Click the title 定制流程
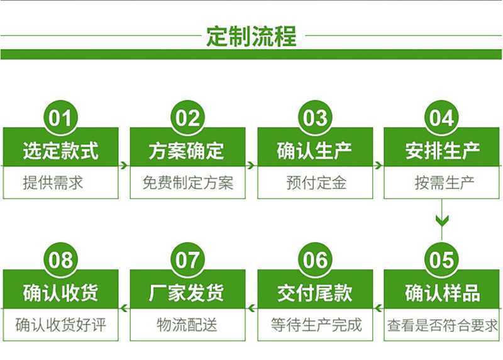tap(251, 37)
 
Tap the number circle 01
tap(60, 117)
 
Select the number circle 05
tap(442, 259)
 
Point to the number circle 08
tap(60, 259)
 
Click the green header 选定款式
tap(60, 150)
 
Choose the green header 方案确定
tap(187, 150)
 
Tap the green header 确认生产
tap(315, 150)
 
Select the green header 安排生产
tap(442, 150)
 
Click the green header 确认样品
tap(442, 292)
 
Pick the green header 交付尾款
tap(315, 292)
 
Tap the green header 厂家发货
tap(187, 292)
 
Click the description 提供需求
tap(53, 183)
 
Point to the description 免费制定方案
tap(187, 183)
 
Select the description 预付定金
tap(316, 183)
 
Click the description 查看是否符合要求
tap(443, 325)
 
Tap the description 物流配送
tap(187, 325)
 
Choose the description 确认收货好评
tap(60, 325)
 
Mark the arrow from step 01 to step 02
tap(124, 166)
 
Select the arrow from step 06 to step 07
tap(251, 308)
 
